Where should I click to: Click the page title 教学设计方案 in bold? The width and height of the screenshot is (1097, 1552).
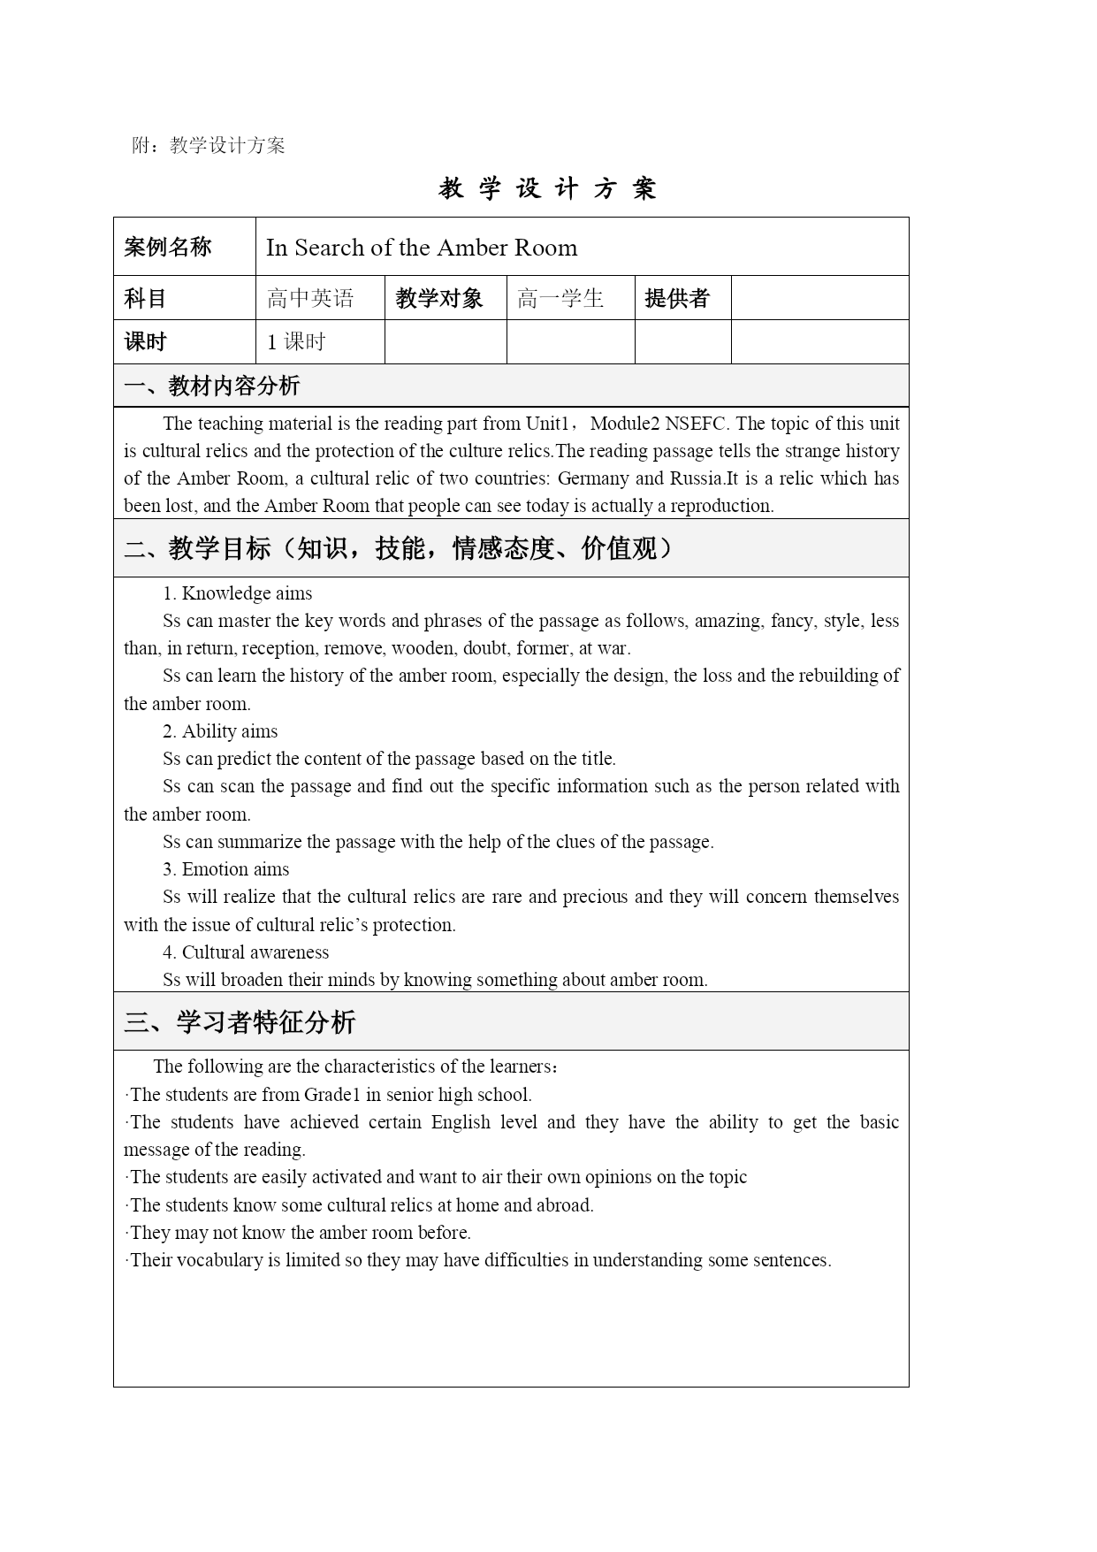(x=547, y=188)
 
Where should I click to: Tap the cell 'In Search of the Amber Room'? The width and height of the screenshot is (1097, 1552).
(x=422, y=248)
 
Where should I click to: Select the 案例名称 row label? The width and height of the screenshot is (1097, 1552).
(x=168, y=247)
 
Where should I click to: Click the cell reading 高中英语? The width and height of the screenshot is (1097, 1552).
(x=310, y=299)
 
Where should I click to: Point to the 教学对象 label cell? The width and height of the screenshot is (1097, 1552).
(x=439, y=299)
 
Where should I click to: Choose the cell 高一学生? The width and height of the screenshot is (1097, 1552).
(x=560, y=299)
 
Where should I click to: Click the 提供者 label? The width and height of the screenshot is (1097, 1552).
(x=677, y=299)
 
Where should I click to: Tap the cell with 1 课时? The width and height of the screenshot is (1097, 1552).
(x=297, y=342)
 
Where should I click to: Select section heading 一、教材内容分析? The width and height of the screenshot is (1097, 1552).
(x=212, y=386)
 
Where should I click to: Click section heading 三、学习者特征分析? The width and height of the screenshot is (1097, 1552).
(x=240, y=1022)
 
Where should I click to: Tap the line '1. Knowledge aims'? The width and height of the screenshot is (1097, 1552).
(x=237, y=593)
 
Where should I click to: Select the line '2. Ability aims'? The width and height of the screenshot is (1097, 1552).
(x=220, y=731)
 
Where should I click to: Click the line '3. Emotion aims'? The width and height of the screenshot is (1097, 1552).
(x=225, y=869)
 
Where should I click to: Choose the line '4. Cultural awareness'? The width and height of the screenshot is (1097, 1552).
(x=245, y=952)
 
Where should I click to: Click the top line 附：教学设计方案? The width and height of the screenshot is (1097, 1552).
(x=209, y=146)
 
